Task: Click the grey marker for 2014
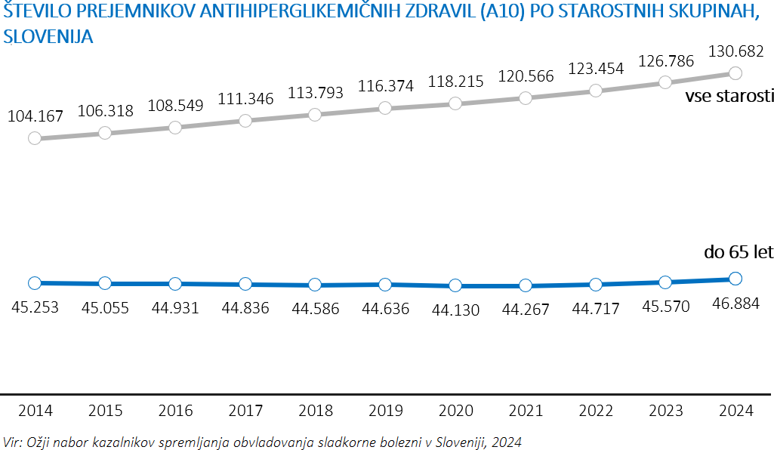click(35, 138)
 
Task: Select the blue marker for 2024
click(736, 279)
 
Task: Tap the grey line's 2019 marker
click(385, 108)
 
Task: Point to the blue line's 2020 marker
click(455, 285)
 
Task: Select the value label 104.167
click(35, 116)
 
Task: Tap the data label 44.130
click(455, 309)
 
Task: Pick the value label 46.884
click(736, 303)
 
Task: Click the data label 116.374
click(385, 86)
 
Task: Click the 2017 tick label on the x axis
click(245, 411)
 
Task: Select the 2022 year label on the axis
click(596, 411)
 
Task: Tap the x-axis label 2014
click(35, 411)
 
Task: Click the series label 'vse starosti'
click(729, 97)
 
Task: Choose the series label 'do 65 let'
click(739, 252)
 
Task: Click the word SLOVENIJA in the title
click(48, 37)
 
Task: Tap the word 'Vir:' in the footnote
click(13, 441)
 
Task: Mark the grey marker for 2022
click(596, 91)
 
